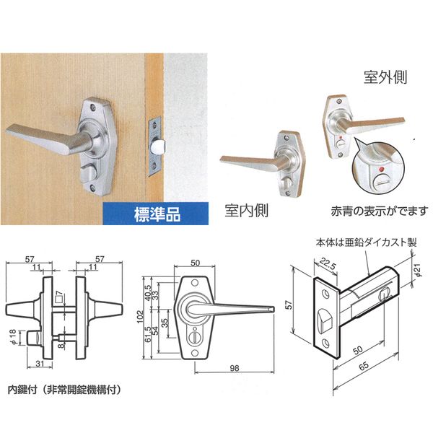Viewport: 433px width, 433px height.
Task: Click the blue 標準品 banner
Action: pyautogui.click(x=156, y=214)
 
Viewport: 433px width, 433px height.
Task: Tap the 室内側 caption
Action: pyautogui.click(x=246, y=211)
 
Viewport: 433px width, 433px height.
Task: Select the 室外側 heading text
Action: pyautogui.click(x=385, y=76)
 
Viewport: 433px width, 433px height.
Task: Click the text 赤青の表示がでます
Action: pyautogui.click(x=380, y=211)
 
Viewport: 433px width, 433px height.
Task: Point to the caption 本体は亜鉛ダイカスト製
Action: pyautogui.click(x=366, y=242)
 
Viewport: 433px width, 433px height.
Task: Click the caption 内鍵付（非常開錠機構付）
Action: pyautogui.click(x=64, y=390)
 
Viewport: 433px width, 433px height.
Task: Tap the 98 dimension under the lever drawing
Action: pyautogui.click(x=234, y=368)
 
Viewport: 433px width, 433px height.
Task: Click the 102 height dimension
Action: pyautogui.click(x=141, y=317)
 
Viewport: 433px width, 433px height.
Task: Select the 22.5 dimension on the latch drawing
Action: pyautogui.click(x=328, y=263)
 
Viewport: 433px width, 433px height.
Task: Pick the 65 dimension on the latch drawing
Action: pyautogui.click(x=364, y=365)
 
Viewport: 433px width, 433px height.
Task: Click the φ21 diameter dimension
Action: pyautogui.click(x=418, y=270)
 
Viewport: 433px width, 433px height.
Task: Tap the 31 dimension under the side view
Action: pyautogui.click(x=40, y=364)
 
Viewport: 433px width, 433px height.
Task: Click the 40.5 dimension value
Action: pyautogui.click(x=148, y=293)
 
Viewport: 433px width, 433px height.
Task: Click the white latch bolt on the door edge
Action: pyautogui.click(x=158, y=146)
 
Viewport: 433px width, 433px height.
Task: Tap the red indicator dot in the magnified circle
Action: pyautogui.click(x=382, y=169)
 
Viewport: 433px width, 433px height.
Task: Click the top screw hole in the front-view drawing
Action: pyautogui.click(x=195, y=283)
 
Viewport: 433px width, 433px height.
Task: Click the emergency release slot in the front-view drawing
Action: pyautogui.click(x=195, y=337)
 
